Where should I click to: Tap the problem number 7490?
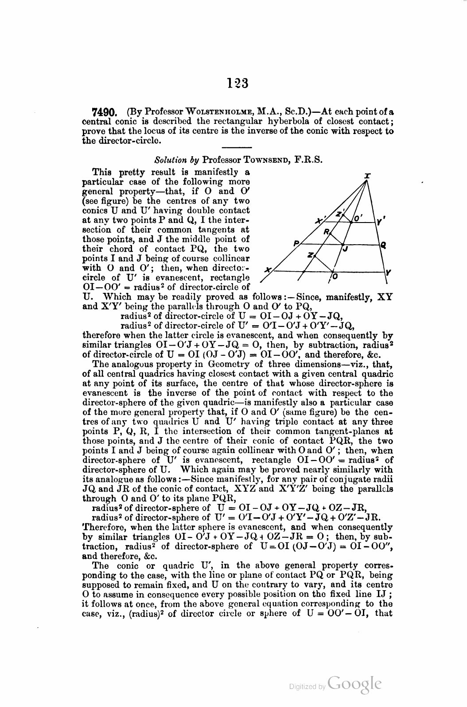pyautogui.click(x=103, y=110)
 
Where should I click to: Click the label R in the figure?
pyautogui.click(x=327, y=231)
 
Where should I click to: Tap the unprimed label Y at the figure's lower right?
pyautogui.click(x=388, y=273)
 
